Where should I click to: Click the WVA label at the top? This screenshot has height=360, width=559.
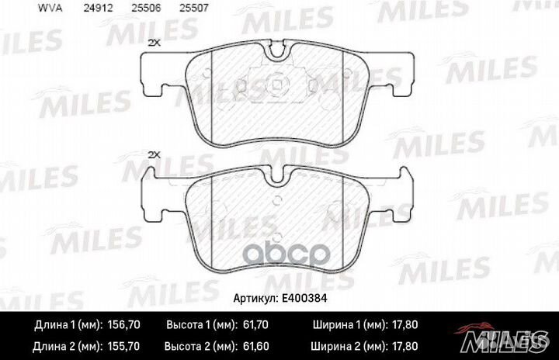50,9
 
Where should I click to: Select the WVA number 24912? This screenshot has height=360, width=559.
99,9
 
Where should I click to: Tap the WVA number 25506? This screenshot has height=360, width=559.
146,9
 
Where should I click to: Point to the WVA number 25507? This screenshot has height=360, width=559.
194,9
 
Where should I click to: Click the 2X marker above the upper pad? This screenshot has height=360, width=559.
155,43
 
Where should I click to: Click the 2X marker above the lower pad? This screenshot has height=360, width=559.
155,155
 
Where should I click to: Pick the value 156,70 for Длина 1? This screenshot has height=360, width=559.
123,325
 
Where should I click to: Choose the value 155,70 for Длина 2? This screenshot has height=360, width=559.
123,347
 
